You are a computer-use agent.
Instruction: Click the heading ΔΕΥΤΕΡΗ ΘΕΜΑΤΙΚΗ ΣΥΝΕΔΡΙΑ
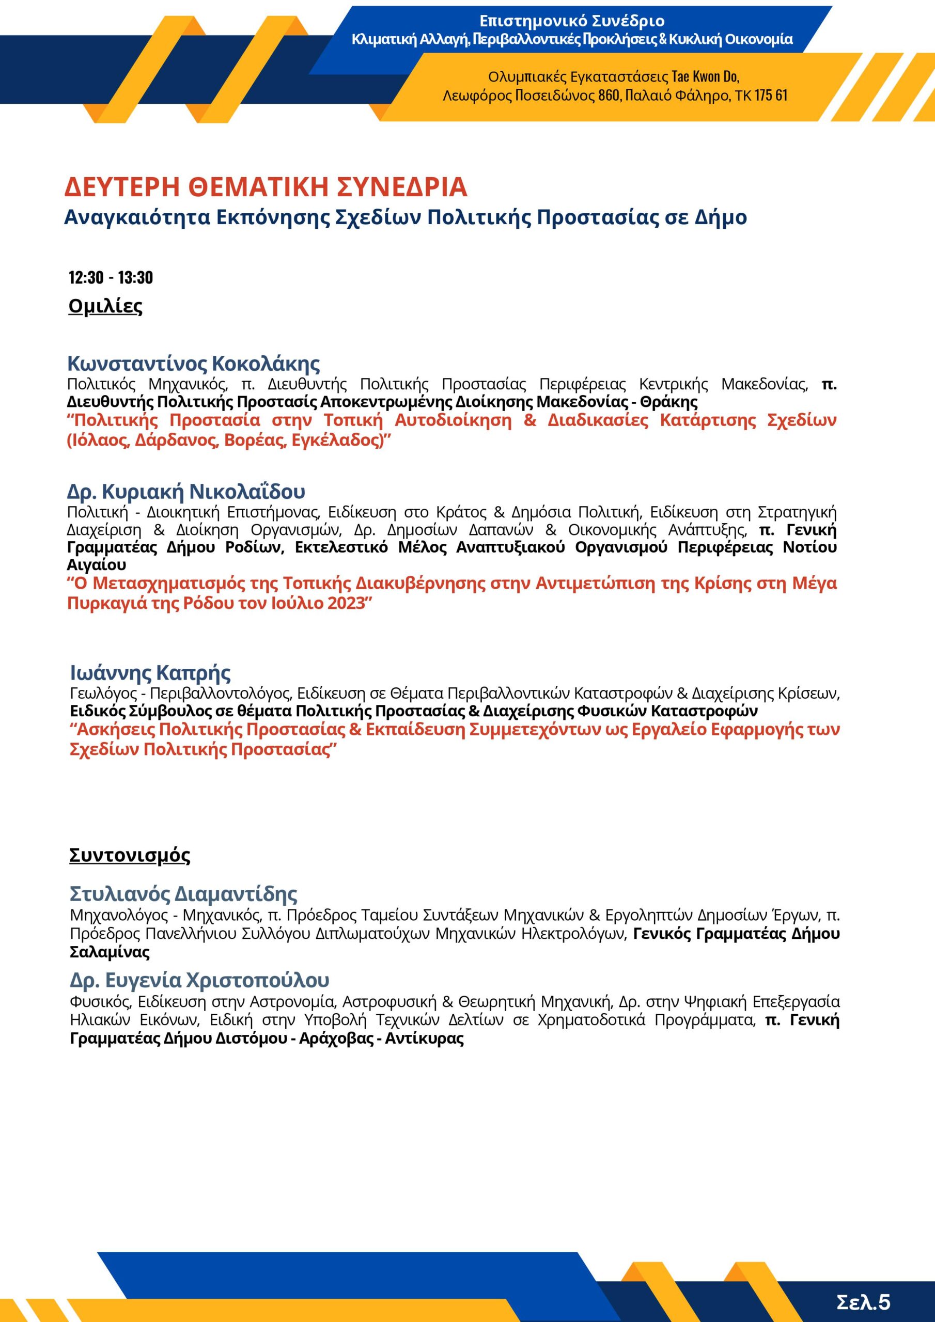click(266, 187)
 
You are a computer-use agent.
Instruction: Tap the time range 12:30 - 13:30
click(111, 277)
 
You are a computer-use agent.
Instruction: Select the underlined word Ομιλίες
click(105, 306)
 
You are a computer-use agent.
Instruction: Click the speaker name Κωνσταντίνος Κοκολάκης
click(194, 364)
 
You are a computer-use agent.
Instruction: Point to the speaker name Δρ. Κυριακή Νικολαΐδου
click(186, 491)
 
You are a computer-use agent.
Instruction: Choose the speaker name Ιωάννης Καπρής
click(150, 672)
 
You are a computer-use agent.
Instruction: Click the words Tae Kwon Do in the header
click(705, 76)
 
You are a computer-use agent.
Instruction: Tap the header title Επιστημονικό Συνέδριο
click(572, 21)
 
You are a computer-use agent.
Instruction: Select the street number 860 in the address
click(609, 96)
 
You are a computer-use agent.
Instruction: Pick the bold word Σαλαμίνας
click(110, 952)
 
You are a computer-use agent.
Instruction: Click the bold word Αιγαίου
click(96, 565)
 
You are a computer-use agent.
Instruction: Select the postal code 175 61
click(771, 96)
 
